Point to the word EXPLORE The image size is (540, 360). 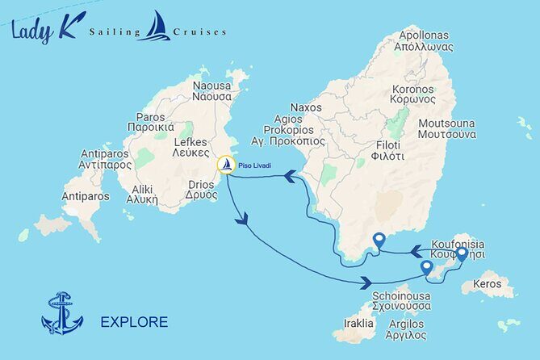(x=134, y=322)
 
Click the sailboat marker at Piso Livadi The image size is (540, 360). (x=227, y=165)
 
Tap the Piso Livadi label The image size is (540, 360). (x=255, y=165)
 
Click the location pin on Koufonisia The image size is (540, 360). (x=461, y=254)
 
